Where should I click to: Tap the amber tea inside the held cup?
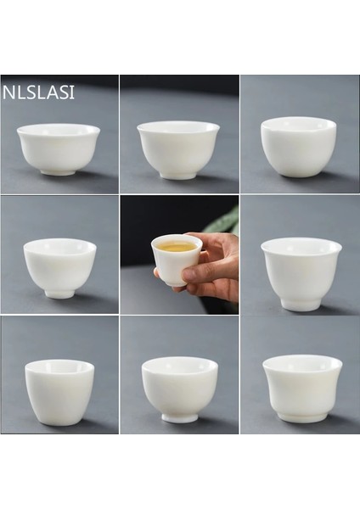pos(177,247)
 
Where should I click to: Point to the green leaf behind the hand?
pos(225,222)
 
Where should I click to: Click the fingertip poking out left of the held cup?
pos(157,273)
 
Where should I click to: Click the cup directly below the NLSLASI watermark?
pos(59,148)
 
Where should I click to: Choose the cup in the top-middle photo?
pos(178,148)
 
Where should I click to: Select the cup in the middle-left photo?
pos(59,266)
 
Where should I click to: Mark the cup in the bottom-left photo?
pos(59,390)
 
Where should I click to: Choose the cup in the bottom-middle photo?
pos(179,388)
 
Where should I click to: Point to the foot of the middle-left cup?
pos(59,294)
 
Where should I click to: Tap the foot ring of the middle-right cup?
pos(301,304)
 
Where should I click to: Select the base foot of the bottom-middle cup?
pos(180,417)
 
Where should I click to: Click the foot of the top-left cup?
pos(59,172)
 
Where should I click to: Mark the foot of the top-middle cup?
pos(178,176)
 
